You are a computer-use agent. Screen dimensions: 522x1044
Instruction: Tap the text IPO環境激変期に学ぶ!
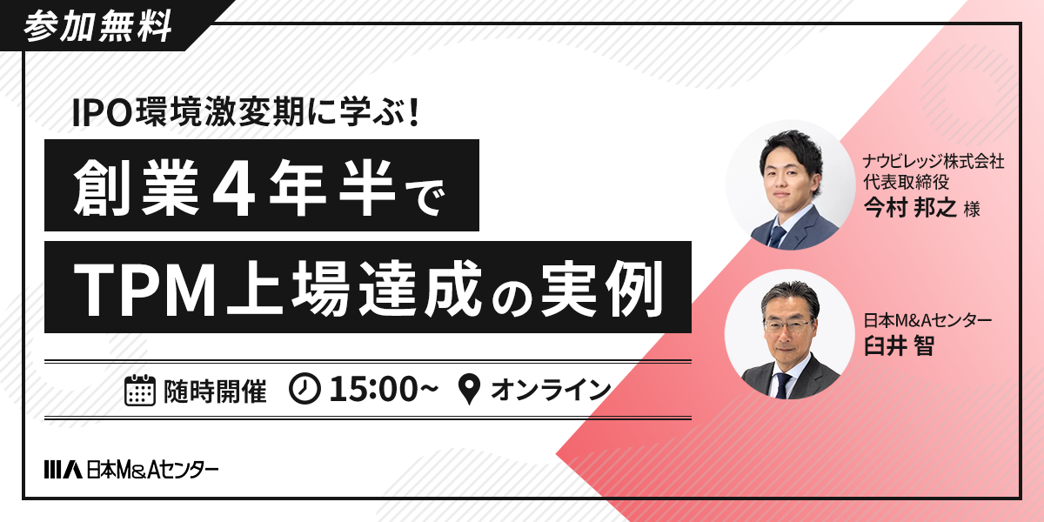(x=246, y=113)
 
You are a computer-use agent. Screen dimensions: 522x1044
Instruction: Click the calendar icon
(x=140, y=390)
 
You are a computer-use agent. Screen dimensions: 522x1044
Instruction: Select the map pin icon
(x=469, y=390)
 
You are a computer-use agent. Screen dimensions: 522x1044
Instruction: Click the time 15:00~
(x=383, y=390)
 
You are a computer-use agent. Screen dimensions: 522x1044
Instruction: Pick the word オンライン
(x=551, y=390)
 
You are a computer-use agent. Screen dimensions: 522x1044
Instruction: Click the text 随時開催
(x=214, y=390)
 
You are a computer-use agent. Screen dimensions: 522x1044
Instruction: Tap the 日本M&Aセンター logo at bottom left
(x=130, y=470)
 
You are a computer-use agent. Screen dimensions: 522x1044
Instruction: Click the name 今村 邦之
(x=909, y=209)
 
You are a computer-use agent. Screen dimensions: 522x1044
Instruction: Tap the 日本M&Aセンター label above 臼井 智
(x=927, y=321)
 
